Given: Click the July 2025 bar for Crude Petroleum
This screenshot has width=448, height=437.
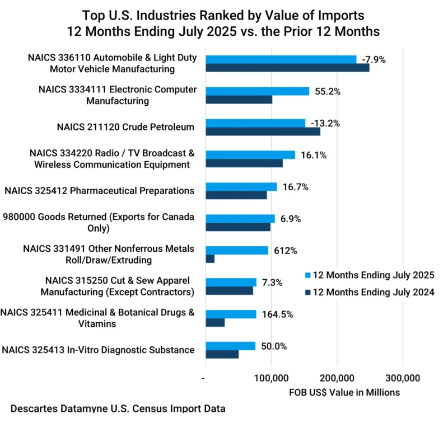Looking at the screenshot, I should [255, 123].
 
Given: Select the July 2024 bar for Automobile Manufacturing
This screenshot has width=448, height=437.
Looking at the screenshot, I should [287, 68].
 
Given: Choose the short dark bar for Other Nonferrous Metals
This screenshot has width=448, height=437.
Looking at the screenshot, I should [210, 259].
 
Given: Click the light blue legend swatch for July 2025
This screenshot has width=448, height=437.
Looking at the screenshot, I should [307, 275].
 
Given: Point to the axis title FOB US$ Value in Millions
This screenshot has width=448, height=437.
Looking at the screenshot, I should [344, 392].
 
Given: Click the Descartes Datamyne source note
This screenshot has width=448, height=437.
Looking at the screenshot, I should [118, 409].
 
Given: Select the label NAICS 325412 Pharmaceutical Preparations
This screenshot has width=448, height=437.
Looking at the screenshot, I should [99, 191].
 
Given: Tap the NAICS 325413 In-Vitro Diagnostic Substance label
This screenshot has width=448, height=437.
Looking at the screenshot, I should [98, 350].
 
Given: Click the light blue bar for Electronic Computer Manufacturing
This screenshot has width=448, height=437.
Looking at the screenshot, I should [257, 91].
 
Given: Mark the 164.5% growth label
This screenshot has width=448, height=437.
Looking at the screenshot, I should [278, 314].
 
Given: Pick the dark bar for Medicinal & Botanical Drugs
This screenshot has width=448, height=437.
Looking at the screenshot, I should [215, 323].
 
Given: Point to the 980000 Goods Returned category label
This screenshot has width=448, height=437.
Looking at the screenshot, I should [99, 222].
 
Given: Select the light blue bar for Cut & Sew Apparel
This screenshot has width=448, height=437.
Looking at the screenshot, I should [231, 283].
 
